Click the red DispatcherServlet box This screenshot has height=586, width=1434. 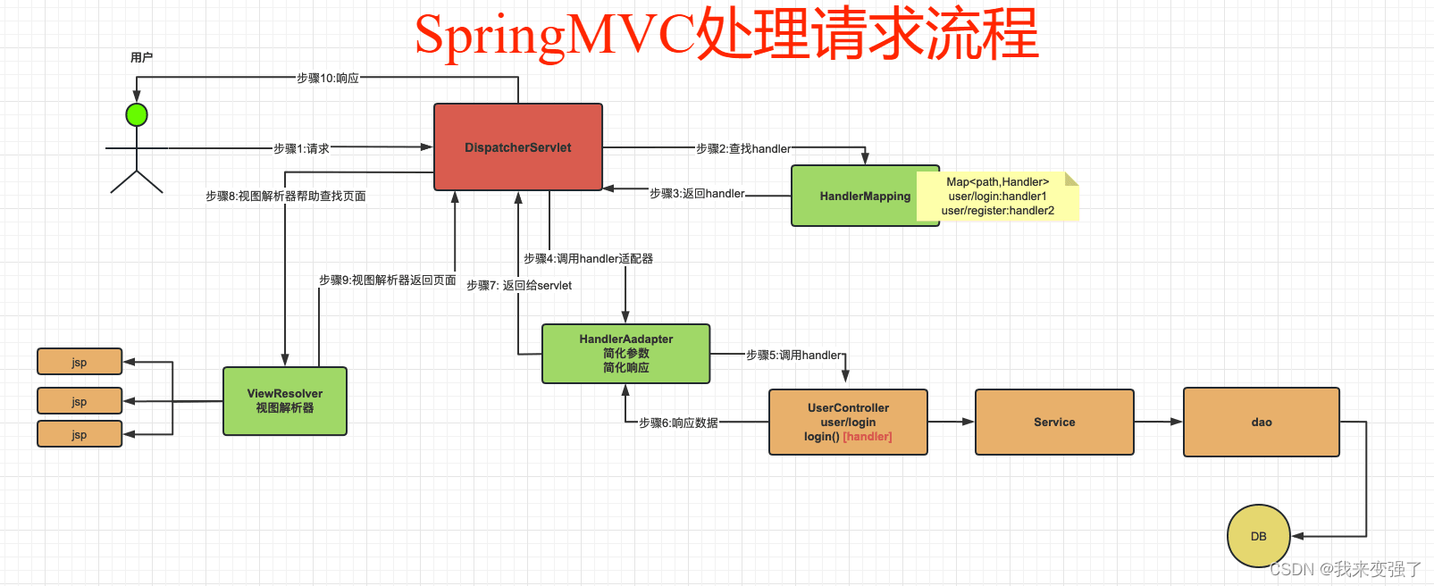(517, 147)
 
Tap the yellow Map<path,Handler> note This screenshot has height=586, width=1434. (998, 197)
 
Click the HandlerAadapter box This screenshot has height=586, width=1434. (625, 354)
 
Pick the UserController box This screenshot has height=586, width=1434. (847, 422)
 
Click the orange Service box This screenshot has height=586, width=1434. (1054, 423)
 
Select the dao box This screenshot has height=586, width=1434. (1261, 423)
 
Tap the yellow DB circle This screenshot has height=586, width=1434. (1258, 536)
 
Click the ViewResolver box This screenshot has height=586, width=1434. (284, 401)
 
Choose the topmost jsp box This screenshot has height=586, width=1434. (80, 362)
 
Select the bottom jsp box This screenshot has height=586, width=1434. (80, 434)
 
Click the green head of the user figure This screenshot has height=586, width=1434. (137, 115)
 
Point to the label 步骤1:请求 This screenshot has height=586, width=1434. (301, 148)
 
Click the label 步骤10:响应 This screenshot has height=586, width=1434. (327, 79)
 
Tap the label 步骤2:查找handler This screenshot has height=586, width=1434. (742, 148)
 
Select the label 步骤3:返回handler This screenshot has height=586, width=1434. (697, 193)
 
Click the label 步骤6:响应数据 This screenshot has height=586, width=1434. (678, 423)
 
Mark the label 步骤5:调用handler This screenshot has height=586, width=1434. (793, 355)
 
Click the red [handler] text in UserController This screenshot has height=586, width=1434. (868, 437)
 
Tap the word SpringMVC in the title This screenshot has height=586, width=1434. (554, 36)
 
